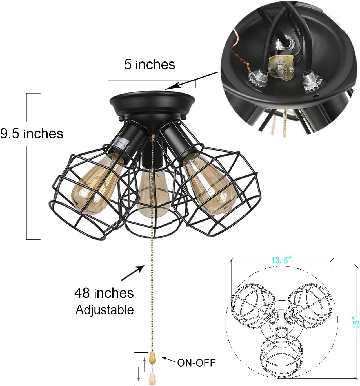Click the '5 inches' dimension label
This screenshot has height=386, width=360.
pos(150,65)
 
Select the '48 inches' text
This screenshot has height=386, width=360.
pos(104,293)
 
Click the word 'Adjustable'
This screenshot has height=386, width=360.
pos(105,310)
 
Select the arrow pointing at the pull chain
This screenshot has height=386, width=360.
pos(133,273)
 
